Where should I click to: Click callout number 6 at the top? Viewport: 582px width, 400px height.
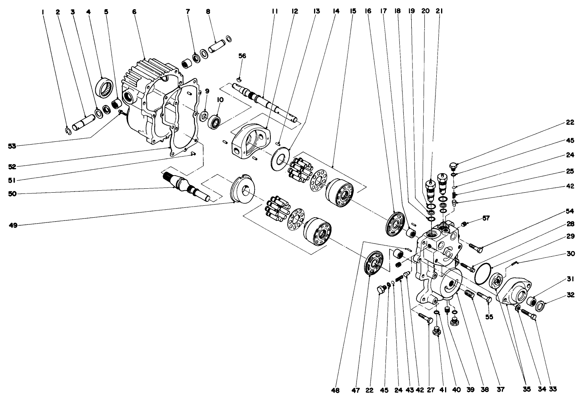tap(134, 12)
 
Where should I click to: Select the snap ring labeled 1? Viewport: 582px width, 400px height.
tap(68, 130)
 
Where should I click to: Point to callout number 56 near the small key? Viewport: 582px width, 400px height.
tap(242, 56)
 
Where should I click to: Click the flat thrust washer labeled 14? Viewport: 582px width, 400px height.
tap(281, 158)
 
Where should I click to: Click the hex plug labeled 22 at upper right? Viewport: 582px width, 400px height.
tap(455, 166)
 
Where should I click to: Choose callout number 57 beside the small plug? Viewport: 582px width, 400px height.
tap(486, 218)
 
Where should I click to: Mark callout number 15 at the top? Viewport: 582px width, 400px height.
tap(352, 12)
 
